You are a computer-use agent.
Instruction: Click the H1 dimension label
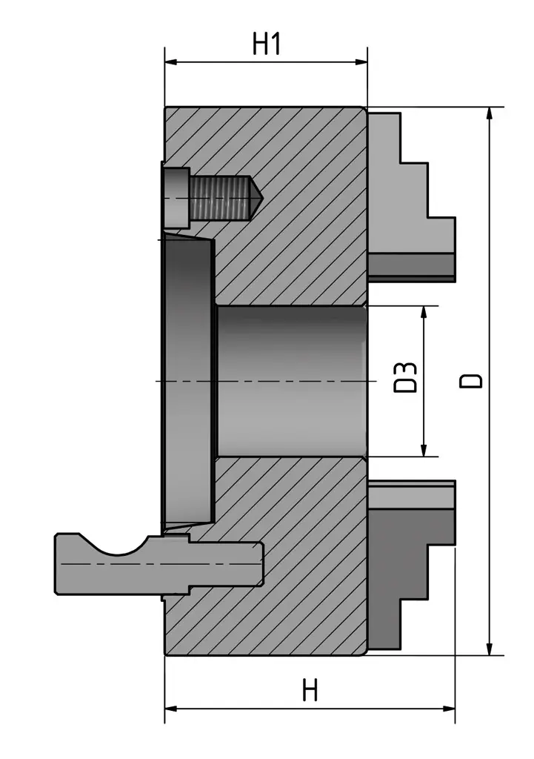(x=267, y=44)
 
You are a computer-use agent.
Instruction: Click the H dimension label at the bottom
(x=310, y=691)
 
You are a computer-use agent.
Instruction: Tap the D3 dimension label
(x=405, y=377)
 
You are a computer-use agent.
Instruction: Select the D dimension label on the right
(x=470, y=380)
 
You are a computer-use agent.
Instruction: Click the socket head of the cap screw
(x=176, y=197)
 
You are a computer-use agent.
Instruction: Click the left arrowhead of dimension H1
(x=170, y=62)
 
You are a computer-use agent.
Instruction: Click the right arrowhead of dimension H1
(x=362, y=62)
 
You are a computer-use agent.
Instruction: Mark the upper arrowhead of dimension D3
(x=424, y=311)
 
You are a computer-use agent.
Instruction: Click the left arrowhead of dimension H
(x=170, y=709)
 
